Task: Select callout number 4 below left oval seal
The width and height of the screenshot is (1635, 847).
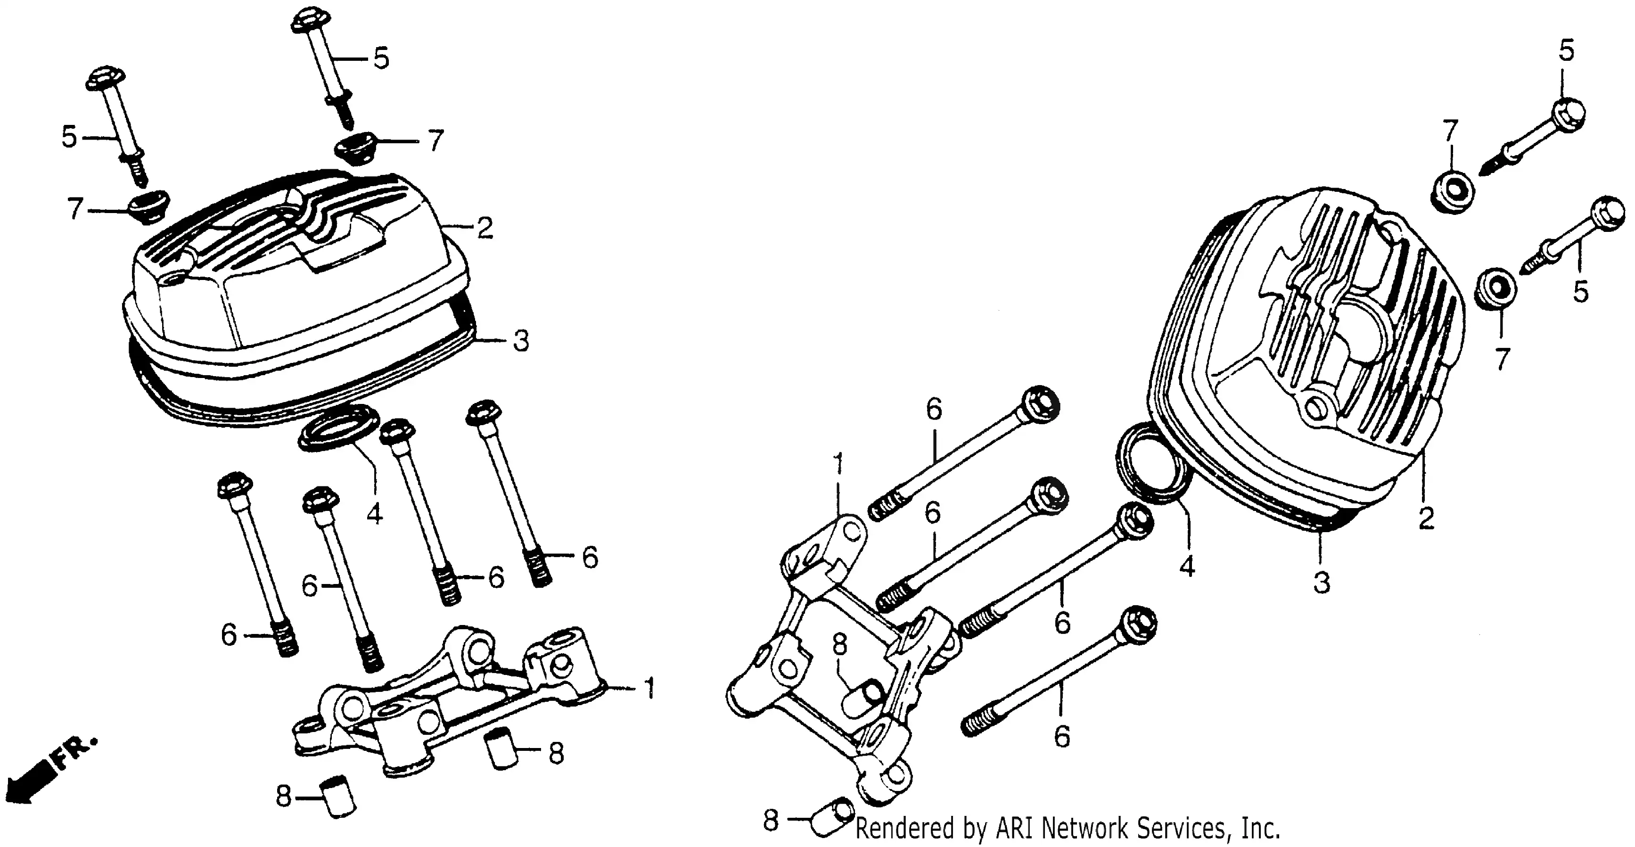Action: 375,512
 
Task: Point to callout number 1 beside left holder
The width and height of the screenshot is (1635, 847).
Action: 649,688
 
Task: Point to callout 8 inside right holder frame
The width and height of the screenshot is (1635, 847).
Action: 839,645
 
